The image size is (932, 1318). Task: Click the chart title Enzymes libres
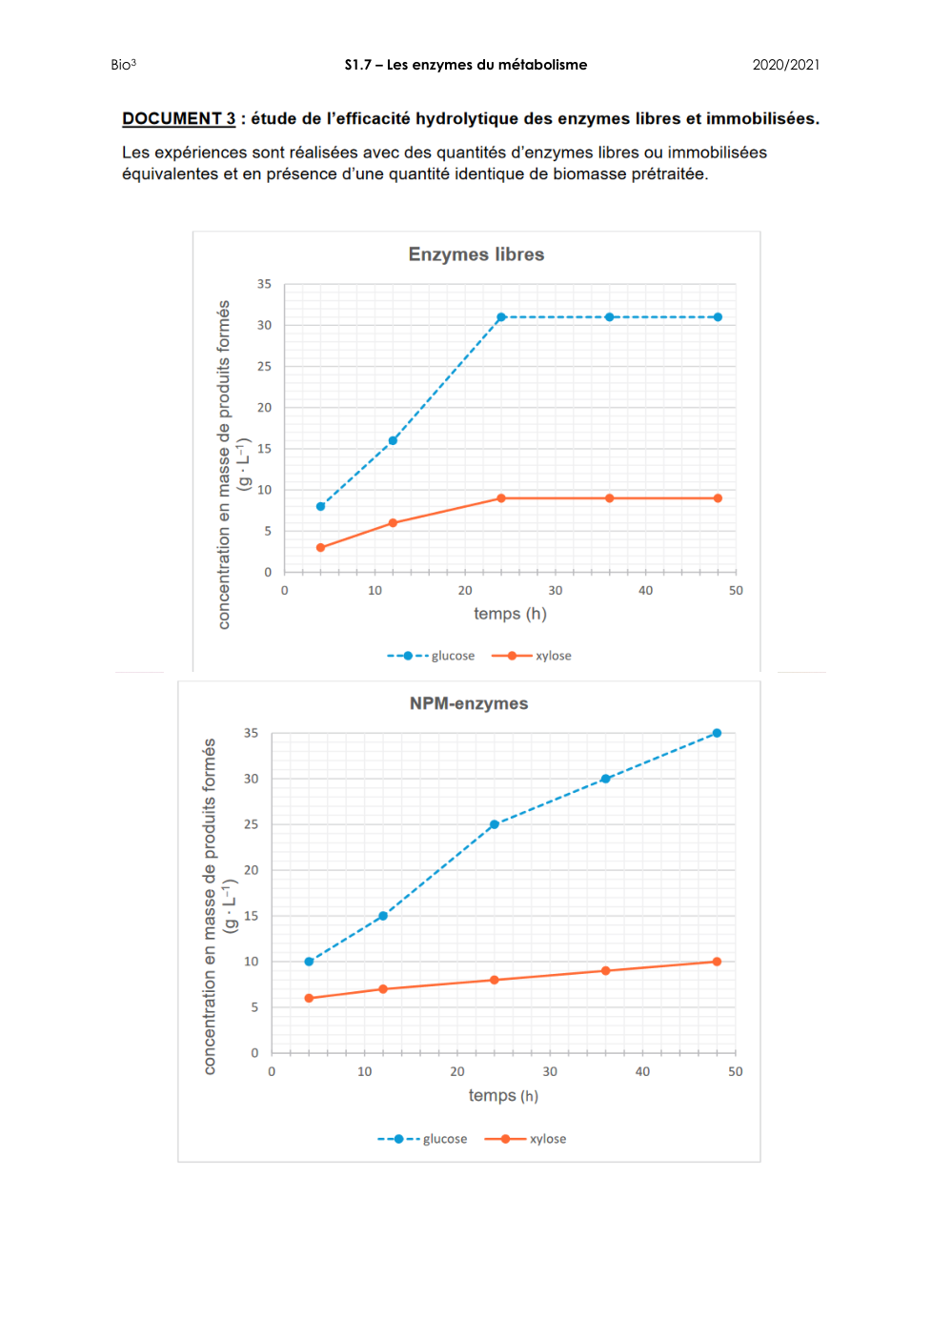tap(476, 254)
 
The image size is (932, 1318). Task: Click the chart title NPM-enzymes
tap(469, 703)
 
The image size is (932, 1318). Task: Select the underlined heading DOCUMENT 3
tap(178, 118)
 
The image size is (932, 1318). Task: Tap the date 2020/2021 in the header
tap(785, 65)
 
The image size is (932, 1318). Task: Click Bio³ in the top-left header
tap(123, 65)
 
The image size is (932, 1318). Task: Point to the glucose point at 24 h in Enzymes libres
tap(501, 317)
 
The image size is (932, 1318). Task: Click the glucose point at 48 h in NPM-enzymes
tap(717, 733)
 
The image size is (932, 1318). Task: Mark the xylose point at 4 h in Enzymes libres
tap(321, 548)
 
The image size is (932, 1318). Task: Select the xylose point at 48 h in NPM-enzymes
tap(717, 962)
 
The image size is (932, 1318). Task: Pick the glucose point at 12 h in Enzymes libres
tap(393, 440)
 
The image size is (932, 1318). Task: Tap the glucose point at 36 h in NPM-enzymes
tap(605, 779)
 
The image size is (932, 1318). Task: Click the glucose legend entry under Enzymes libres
tap(432, 656)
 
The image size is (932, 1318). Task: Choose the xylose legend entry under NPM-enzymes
tap(526, 1139)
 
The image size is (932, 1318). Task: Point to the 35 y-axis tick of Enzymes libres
tap(264, 284)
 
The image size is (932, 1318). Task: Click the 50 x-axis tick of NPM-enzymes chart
tap(736, 1071)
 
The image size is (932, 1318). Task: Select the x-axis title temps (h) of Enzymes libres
tap(510, 614)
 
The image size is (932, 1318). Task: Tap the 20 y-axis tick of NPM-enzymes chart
tap(251, 870)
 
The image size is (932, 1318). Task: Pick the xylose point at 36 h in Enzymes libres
tap(609, 498)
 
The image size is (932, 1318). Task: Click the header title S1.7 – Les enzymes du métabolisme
tap(466, 65)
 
